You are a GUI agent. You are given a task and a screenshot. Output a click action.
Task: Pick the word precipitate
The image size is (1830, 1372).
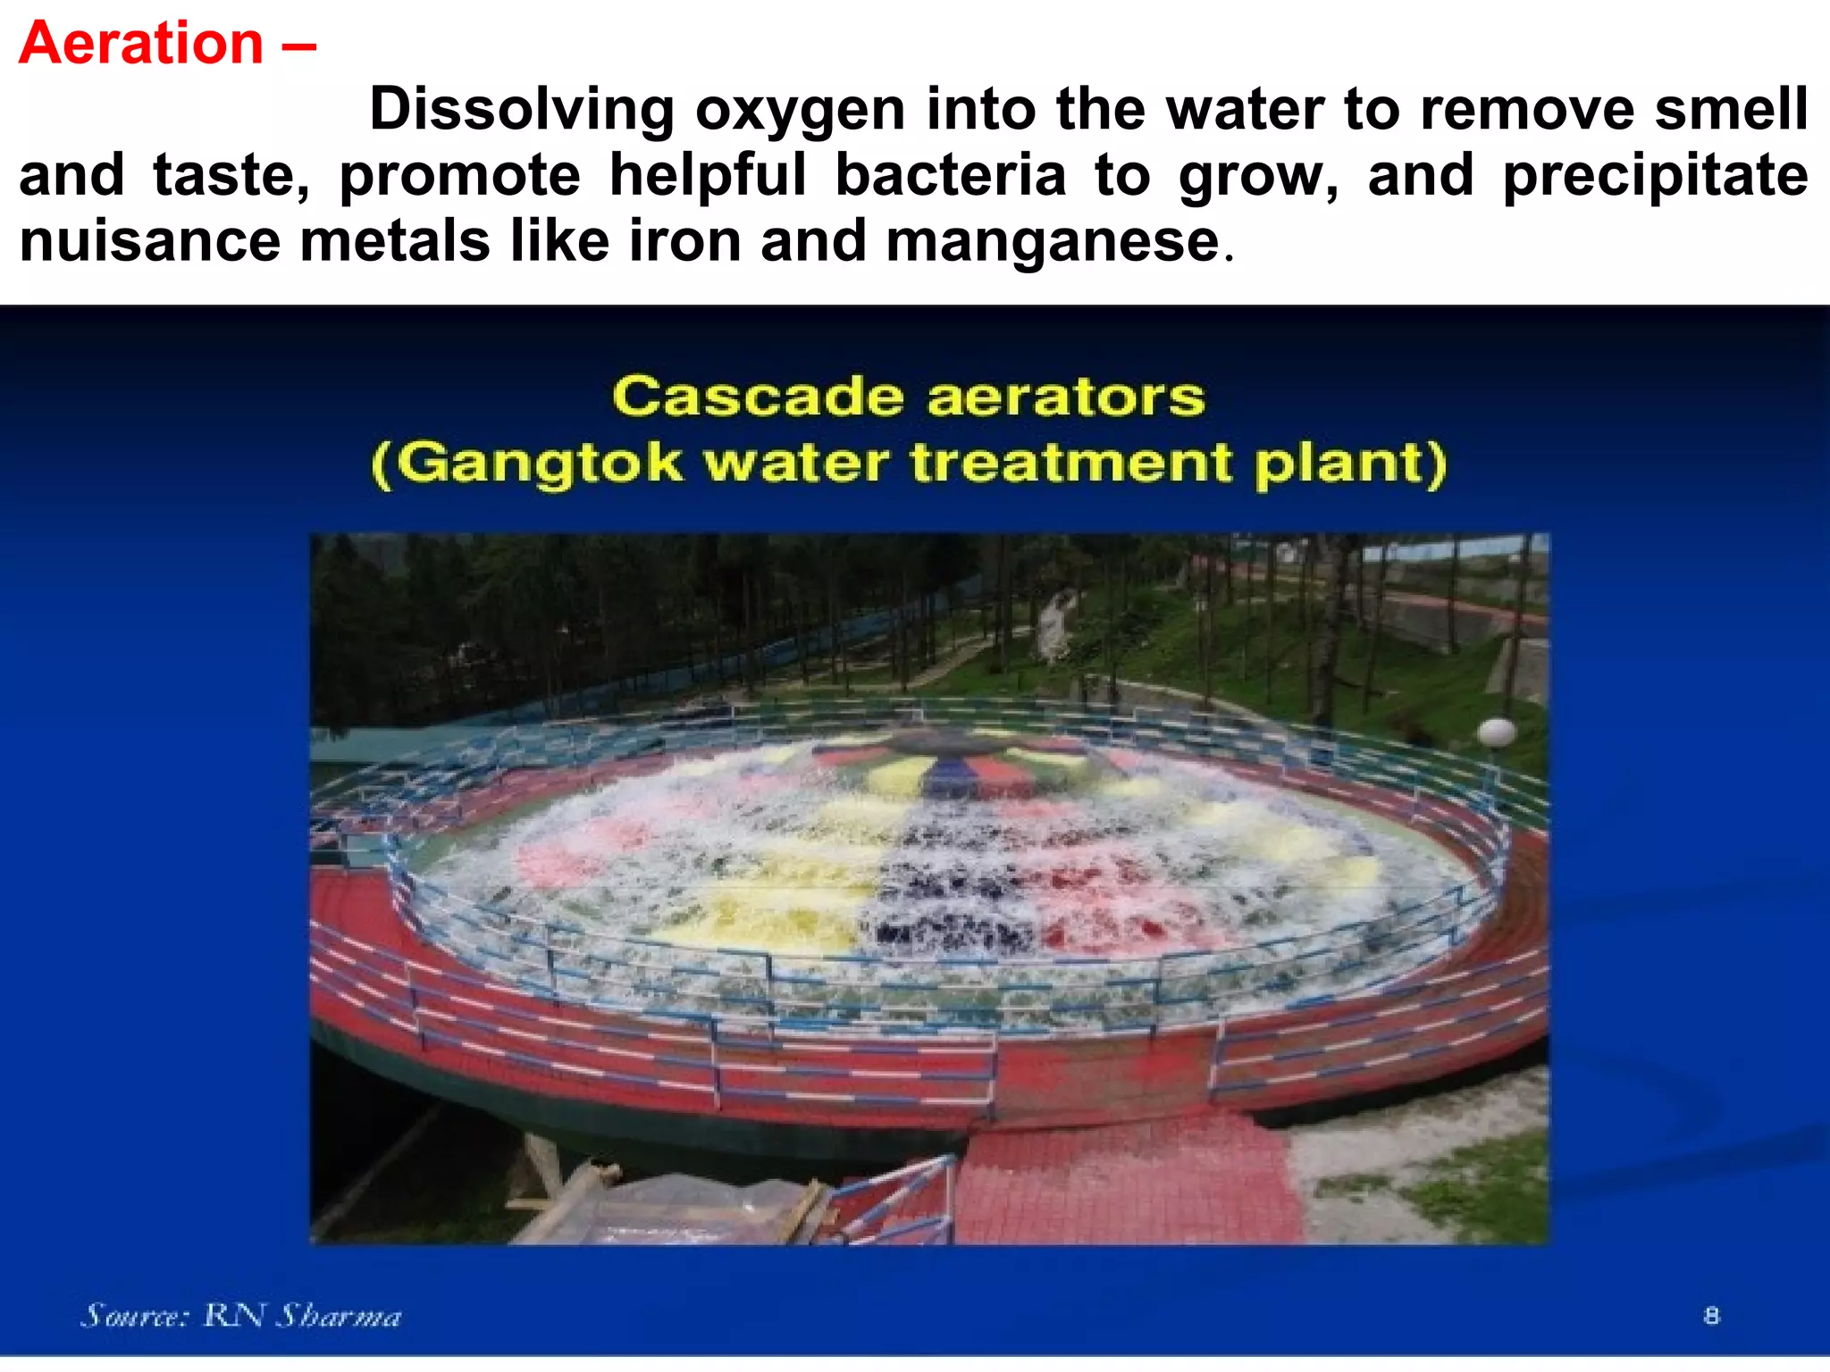pyautogui.click(x=1655, y=176)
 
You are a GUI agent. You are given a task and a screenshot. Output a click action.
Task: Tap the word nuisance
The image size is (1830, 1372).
pyautogui.click(x=149, y=241)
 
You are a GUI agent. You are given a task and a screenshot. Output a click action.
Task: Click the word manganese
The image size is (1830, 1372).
pyautogui.click(x=1053, y=242)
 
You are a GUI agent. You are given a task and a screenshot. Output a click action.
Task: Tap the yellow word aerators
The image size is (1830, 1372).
pyautogui.click(x=1066, y=397)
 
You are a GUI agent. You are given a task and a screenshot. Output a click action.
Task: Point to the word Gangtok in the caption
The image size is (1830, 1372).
pyautogui.click(x=538, y=463)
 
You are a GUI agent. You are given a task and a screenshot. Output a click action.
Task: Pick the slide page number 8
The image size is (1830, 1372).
pyautogui.click(x=1711, y=1315)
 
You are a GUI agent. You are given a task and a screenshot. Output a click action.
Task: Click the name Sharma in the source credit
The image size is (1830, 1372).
pyautogui.click(x=339, y=1316)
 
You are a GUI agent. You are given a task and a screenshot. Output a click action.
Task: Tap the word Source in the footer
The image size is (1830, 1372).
pyautogui.click(x=135, y=1315)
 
